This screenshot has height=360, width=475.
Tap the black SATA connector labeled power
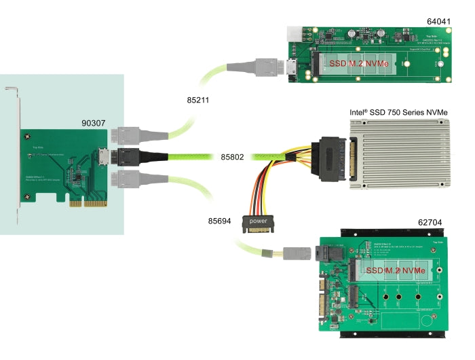pyautogui.click(x=258, y=223)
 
